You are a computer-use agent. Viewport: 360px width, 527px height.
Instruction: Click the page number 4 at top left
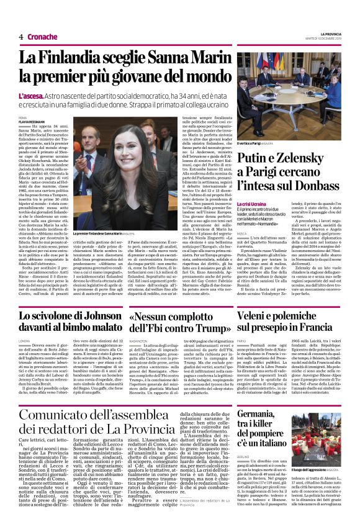coord(21,37)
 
